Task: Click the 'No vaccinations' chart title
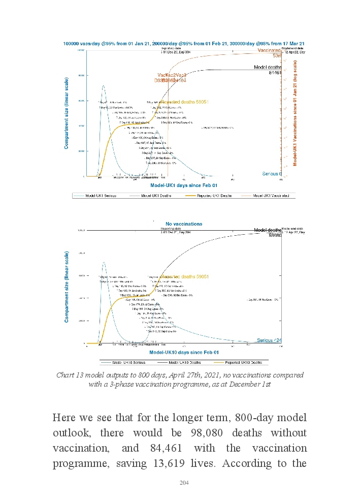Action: tap(184, 224)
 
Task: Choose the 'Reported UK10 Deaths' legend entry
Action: tap(243, 362)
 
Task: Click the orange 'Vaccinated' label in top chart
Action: tap(269, 51)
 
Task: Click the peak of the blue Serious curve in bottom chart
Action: tap(104, 262)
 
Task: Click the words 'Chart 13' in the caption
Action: tap(69, 375)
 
